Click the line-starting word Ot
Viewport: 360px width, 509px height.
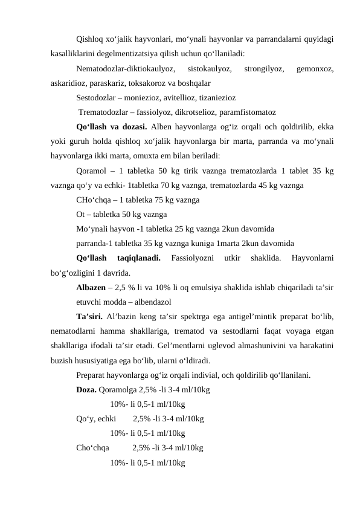pos(82,214)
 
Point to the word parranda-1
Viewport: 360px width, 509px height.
pos(95,244)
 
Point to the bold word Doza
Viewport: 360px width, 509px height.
pos(86,391)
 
